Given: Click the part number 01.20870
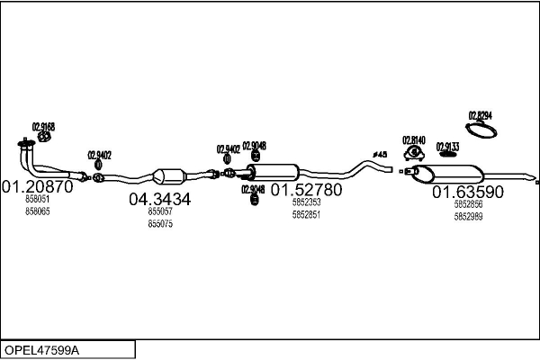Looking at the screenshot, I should click(x=37, y=187).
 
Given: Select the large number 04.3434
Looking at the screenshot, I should click(x=159, y=200).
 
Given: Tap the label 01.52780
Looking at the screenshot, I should click(x=306, y=191).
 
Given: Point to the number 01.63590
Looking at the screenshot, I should click(x=468, y=192).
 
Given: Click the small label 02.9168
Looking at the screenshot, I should click(x=43, y=127).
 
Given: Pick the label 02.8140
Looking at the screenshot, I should click(x=413, y=139).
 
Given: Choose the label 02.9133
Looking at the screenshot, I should click(x=447, y=147).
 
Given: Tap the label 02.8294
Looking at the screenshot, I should click(x=480, y=115).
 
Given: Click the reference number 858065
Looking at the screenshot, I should click(x=38, y=211).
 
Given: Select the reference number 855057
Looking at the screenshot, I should click(x=159, y=211).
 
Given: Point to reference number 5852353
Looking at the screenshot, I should click(x=306, y=202).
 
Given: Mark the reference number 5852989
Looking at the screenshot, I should click(x=468, y=216).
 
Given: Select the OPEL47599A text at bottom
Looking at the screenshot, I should click(x=42, y=349).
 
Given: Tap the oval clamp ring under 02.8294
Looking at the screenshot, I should click(x=486, y=132).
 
